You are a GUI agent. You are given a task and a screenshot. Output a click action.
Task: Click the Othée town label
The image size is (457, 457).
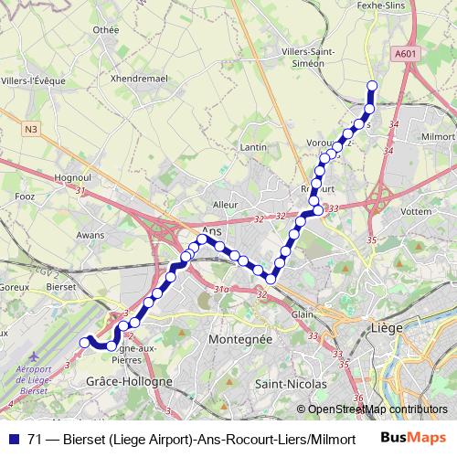click(106, 30)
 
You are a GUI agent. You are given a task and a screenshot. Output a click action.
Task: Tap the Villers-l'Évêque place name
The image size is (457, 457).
click(35, 80)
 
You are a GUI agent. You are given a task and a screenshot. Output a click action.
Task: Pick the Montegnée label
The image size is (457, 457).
click(241, 338)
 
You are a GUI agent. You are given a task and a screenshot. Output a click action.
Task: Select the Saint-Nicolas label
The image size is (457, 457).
click(287, 384)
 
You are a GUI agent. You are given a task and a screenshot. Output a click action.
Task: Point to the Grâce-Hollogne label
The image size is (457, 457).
click(129, 381)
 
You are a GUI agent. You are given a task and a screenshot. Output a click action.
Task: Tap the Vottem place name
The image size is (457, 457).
click(417, 210)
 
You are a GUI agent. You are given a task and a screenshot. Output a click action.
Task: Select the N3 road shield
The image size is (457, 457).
click(32, 129)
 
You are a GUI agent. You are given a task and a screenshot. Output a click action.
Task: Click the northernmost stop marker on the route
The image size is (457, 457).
click(372, 86)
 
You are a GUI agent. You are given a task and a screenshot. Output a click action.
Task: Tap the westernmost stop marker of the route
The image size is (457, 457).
click(84, 342)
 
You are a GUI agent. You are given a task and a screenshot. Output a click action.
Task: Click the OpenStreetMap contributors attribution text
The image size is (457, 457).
click(377, 409)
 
